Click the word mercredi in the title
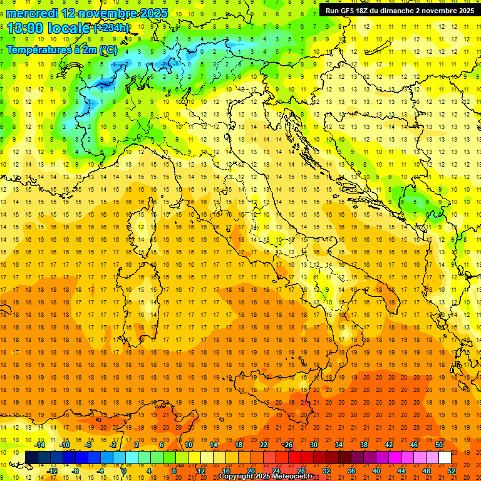(x=32, y=13)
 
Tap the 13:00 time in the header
(x=25, y=28)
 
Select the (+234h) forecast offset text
(x=111, y=28)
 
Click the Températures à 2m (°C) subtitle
(x=61, y=49)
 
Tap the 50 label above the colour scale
(x=439, y=445)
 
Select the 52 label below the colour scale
(x=452, y=471)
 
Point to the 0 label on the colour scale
(x=124, y=471)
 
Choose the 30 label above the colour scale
(x=313, y=445)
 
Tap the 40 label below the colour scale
(x=376, y=471)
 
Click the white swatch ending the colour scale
(x=445, y=458)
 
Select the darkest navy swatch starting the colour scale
(x=31, y=458)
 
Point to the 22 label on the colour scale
(x=263, y=445)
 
